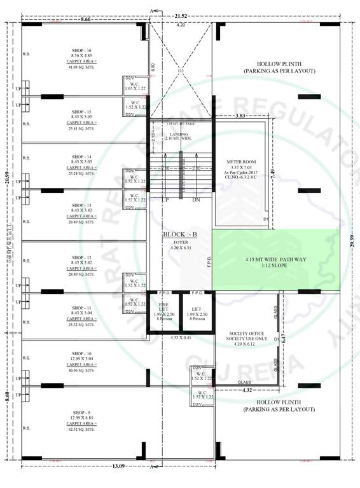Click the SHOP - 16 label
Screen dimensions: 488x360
81,50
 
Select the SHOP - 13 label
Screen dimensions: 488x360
81,205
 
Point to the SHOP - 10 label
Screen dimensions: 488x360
81,353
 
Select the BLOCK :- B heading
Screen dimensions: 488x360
180,234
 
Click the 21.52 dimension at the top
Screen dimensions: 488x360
181,14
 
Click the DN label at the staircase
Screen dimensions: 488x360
196,200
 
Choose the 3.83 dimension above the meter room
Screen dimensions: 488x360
240,116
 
